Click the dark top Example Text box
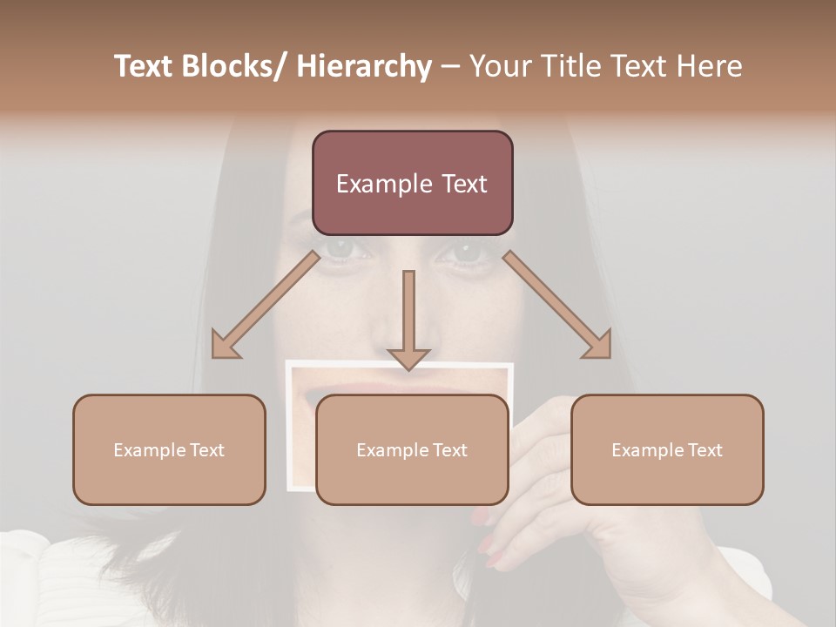point(412,183)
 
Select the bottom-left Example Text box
point(169,449)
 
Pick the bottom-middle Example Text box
point(412,449)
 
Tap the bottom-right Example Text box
point(667,449)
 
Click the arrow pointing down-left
point(266,305)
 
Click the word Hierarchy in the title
point(364,66)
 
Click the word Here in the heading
point(710,66)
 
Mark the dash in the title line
point(450,66)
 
